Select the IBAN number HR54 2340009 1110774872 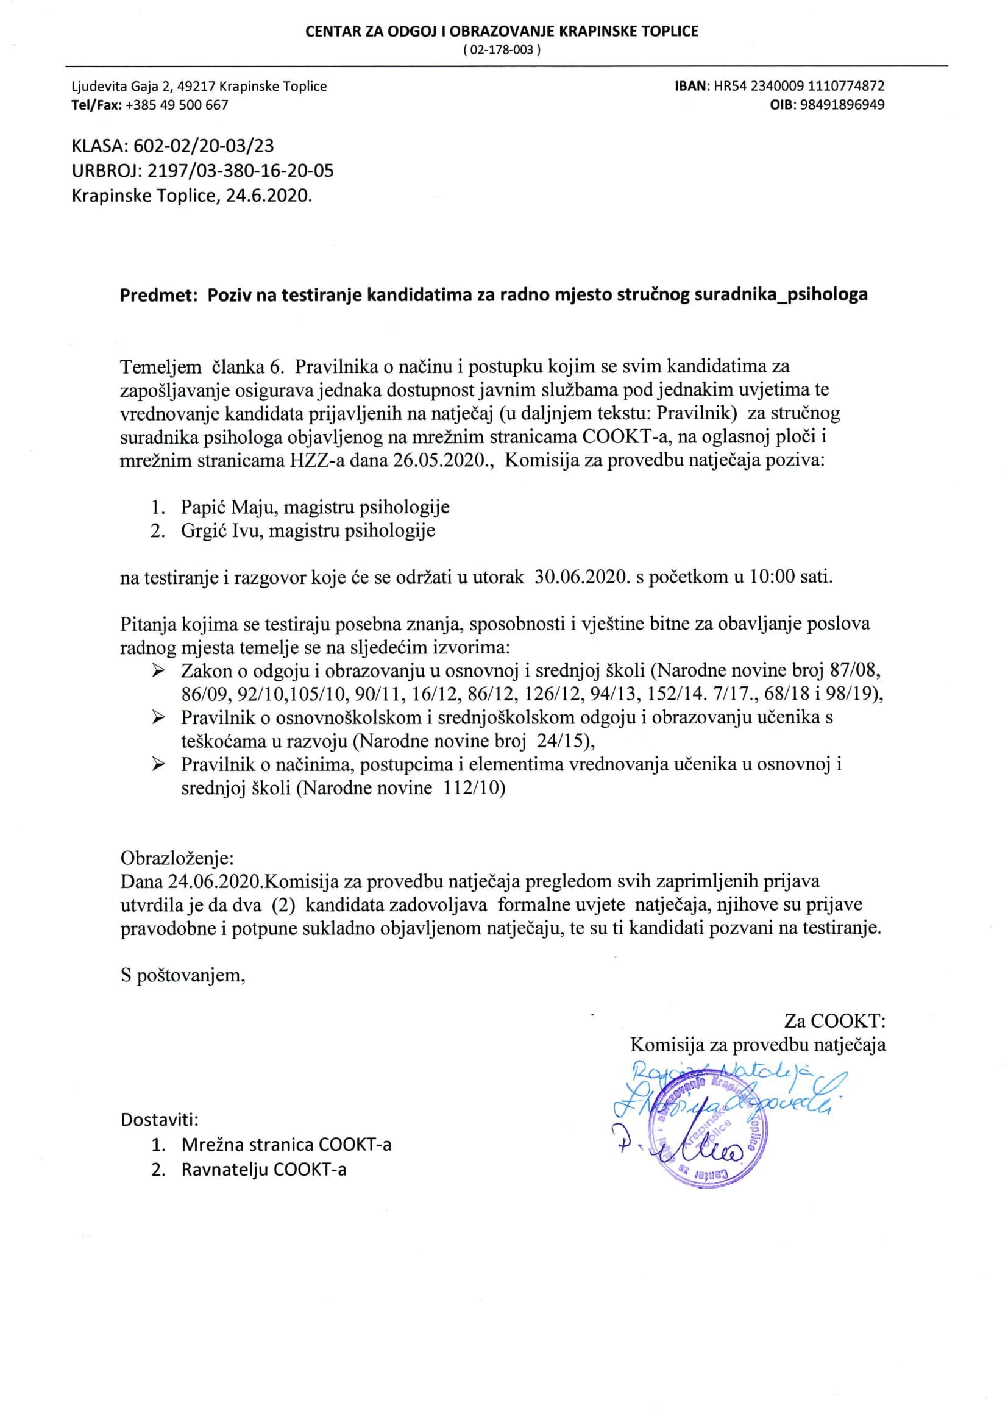(800, 87)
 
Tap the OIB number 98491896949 (842, 105)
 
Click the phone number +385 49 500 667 (177, 105)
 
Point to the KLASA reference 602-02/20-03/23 (203, 146)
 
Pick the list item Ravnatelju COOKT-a (264, 1170)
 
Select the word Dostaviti (160, 1120)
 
